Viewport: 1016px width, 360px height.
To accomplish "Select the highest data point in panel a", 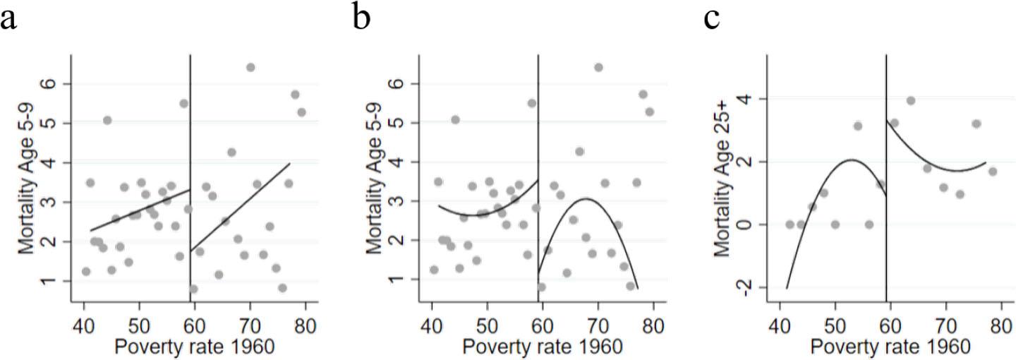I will click(x=250, y=68).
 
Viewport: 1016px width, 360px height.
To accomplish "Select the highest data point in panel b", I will click(x=598, y=68).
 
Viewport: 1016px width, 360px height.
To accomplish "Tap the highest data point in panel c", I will click(x=911, y=101).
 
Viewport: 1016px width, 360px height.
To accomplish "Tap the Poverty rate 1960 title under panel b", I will click(x=543, y=347).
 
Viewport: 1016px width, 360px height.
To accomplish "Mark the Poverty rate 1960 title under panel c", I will click(x=890, y=347).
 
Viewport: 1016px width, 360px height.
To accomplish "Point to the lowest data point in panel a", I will click(x=193, y=289).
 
